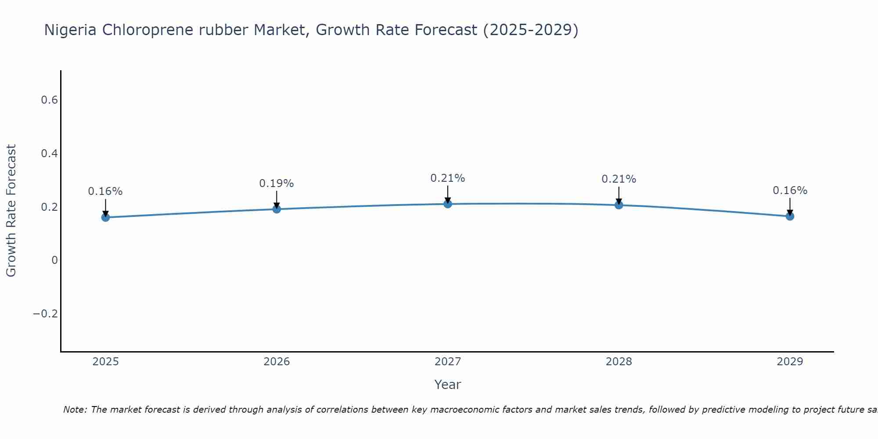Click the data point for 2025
click(105, 217)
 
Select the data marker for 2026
click(277, 209)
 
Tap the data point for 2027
click(448, 204)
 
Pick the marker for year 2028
click(619, 205)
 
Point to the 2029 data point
click(790, 216)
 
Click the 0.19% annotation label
click(276, 184)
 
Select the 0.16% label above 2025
click(105, 191)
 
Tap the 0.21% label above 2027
click(447, 178)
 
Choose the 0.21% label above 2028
click(619, 179)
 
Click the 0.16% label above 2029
click(790, 191)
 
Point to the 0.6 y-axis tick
click(49, 100)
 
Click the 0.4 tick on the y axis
click(49, 154)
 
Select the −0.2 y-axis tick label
click(45, 314)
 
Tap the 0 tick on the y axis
click(54, 260)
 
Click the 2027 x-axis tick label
click(447, 362)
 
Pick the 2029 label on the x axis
click(790, 362)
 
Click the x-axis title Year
click(447, 385)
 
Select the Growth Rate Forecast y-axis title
click(11, 211)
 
